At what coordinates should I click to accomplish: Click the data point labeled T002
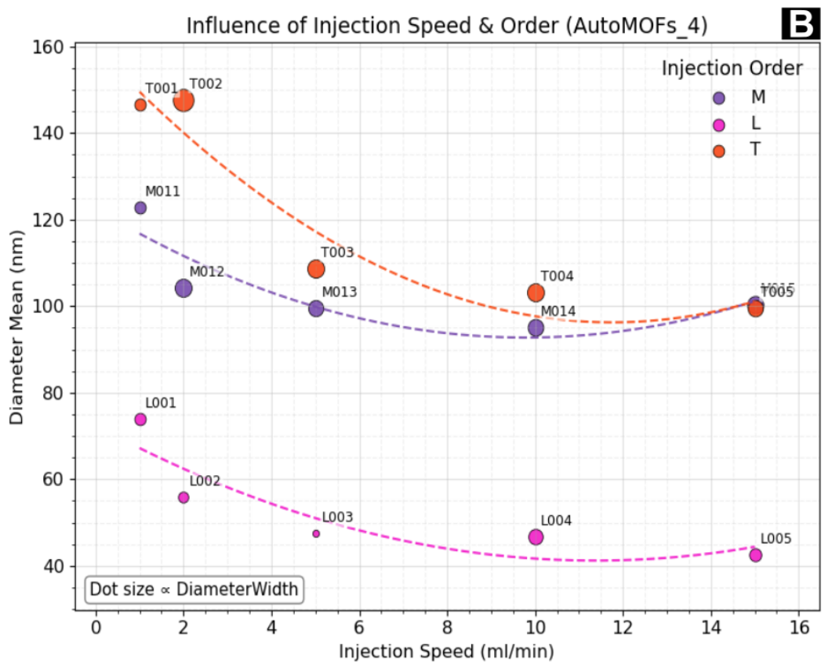(x=183, y=100)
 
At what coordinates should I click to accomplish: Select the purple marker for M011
(x=140, y=208)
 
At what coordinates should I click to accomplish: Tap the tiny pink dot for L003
(x=316, y=533)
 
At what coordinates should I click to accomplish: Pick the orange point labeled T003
(x=316, y=269)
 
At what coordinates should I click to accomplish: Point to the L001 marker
(x=140, y=420)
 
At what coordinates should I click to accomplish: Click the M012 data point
(x=183, y=288)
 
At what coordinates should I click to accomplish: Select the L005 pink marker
(x=755, y=555)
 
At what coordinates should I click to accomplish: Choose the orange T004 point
(x=536, y=293)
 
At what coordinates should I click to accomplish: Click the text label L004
(x=556, y=521)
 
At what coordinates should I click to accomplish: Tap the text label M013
(x=339, y=292)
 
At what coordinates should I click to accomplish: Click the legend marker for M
(x=718, y=98)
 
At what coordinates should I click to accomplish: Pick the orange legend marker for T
(x=718, y=150)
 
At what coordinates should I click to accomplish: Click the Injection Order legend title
(x=732, y=68)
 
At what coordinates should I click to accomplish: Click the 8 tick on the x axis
(x=447, y=627)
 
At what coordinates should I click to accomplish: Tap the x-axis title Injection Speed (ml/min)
(x=446, y=651)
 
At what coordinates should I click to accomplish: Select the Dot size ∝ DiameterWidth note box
(x=194, y=588)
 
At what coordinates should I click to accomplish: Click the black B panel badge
(x=801, y=25)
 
